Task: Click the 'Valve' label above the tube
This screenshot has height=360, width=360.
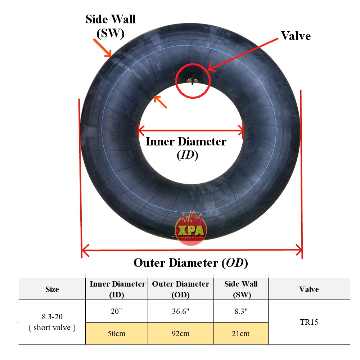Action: pyautogui.click(x=296, y=36)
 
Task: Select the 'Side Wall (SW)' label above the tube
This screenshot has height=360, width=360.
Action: pyautogui.click(x=111, y=26)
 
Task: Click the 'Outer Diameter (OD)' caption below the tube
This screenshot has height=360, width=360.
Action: pyautogui.click(x=191, y=263)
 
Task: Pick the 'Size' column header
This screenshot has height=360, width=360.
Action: pyautogui.click(x=52, y=289)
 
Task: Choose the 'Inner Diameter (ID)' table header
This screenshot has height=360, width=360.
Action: pyautogui.click(x=117, y=289)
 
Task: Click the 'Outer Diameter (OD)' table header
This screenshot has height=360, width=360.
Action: pyautogui.click(x=180, y=289)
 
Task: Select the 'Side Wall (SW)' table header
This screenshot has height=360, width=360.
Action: pyautogui.click(x=241, y=289)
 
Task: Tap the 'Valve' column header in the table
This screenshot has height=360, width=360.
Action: pyautogui.click(x=309, y=289)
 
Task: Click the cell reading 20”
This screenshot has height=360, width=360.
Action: pyautogui.click(x=117, y=311)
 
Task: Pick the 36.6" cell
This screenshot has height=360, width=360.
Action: pyautogui.click(x=180, y=311)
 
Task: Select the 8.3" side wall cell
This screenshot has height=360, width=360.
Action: pyautogui.click(x=241, y=311)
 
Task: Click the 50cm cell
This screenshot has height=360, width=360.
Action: pyautogui.click(x=117, y=333)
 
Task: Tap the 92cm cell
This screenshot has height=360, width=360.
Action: pyautogui.click(x=180, y=333)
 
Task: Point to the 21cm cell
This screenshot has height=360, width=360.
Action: pyautogui.click(x=241, y=333)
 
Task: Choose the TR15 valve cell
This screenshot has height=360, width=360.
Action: pyautogui.click(x=309, y=322)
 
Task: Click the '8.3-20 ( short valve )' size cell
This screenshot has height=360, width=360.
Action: pyautogui.click(x=52, y=322)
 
